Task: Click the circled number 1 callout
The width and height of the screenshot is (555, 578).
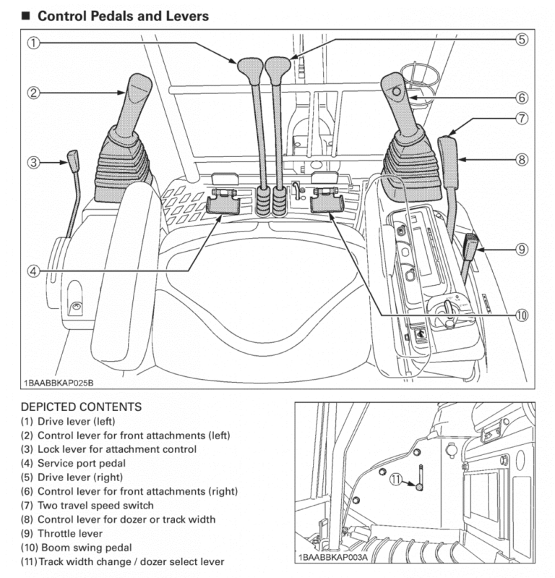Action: [33, 43]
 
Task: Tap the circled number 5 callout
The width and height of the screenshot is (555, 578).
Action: [521, 40]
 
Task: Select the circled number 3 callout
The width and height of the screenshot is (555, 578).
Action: [33, 162]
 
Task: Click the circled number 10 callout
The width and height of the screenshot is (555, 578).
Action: [521, 314]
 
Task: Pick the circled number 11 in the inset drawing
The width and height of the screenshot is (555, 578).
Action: [395, 478]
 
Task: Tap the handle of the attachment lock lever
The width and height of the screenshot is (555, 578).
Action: [74, 158]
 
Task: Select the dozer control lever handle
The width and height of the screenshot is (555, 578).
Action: [448, 155]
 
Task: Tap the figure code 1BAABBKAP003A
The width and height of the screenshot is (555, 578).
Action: [332, 558]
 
